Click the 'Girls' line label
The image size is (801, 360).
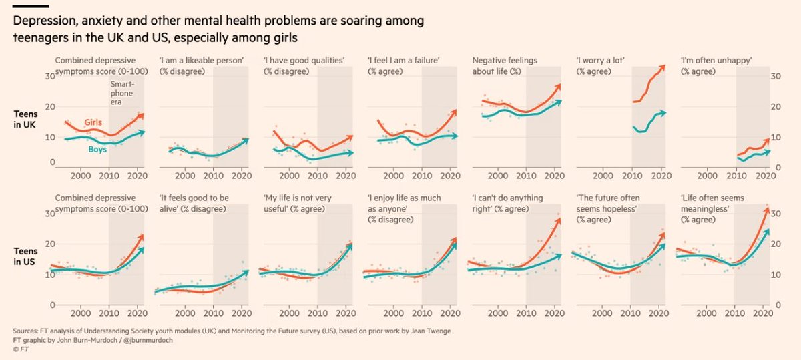(94, 122)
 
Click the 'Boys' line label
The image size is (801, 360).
(98, 150)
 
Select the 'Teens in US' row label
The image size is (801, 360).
(25, 255)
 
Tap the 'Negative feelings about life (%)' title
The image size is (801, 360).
(505, 65)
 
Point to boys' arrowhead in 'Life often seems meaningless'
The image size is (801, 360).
(768, 230)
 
